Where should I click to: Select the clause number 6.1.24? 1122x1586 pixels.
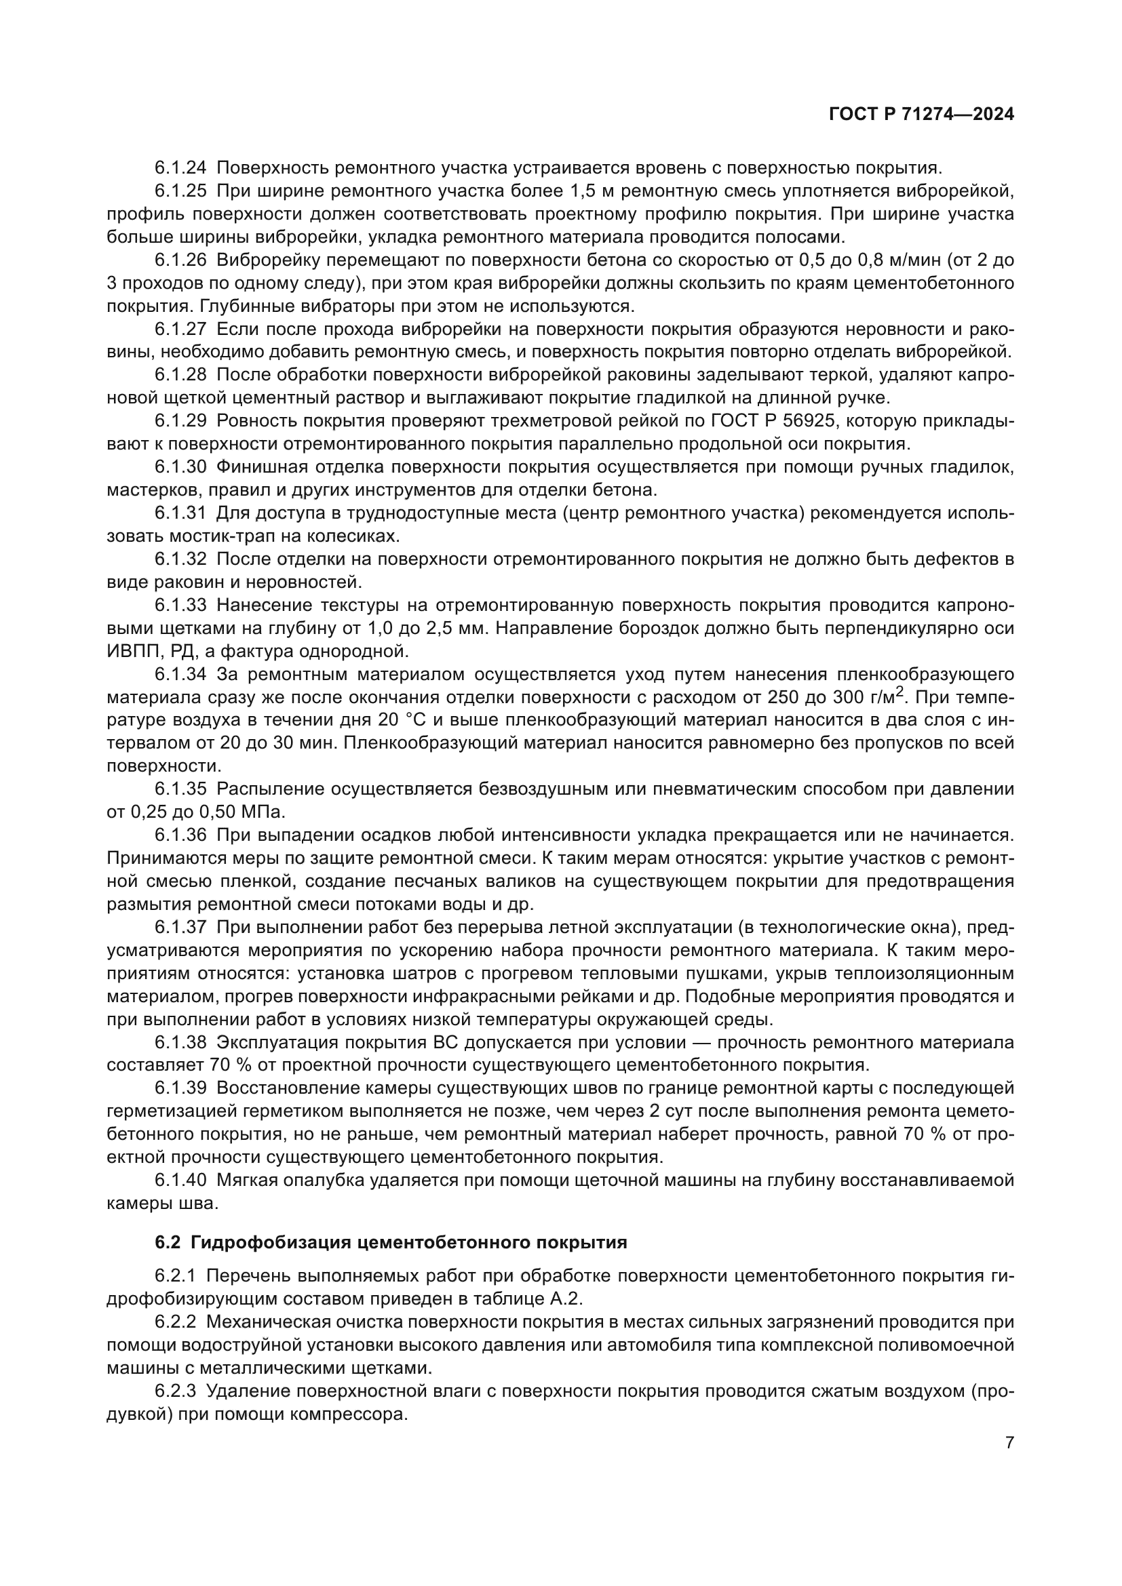click(x=180, y=168)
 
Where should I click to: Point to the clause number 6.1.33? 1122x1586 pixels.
click(x=180, y=605)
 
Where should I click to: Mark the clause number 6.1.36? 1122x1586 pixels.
click(x=180, y=835)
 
